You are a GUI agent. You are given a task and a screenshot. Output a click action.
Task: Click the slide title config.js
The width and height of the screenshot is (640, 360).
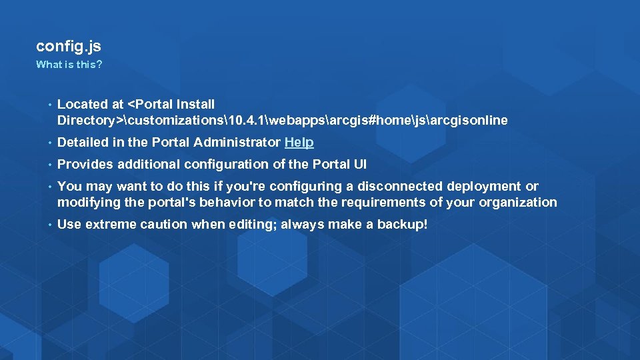(x=69, y=47)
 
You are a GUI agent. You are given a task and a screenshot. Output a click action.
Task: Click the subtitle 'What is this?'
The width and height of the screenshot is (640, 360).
(x=69, y=65)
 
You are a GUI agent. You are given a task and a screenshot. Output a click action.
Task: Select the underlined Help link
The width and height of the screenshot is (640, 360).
(x=299, y=142)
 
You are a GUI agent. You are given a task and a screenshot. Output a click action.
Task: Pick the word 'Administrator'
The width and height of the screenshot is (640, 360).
(x=237, y=142)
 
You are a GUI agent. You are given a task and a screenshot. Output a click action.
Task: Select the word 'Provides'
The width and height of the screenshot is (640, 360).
(x=84, y=164)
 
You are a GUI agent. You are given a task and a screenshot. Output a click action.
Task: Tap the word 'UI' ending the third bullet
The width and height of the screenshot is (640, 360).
(x=359, y=164)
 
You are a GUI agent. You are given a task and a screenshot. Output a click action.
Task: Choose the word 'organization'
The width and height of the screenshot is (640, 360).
(x=519, y=202)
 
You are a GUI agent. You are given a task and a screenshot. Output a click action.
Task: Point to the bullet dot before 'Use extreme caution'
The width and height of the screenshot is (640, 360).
(x=49, y=225)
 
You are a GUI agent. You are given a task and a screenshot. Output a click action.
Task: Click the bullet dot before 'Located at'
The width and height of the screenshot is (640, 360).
(x=49, y=105)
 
